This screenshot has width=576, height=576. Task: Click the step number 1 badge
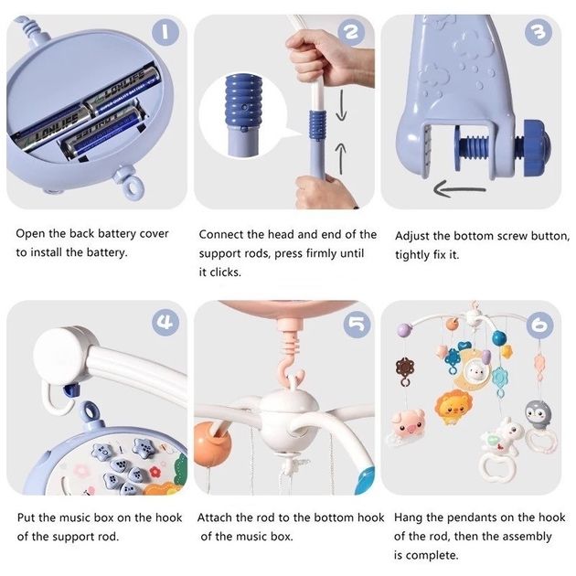[165, 32]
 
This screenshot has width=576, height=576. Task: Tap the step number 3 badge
[539, 32]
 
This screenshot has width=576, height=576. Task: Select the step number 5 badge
[357, 325]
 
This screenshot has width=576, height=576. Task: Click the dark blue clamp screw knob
[537, 145]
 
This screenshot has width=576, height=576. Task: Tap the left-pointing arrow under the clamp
[460, 189]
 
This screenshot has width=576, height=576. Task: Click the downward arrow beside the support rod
[342, 105]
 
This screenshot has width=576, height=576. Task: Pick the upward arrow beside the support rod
[342, 158]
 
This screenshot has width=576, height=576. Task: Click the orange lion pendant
[453, 407]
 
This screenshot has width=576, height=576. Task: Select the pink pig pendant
[406, 425]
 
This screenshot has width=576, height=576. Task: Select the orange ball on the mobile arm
[212, 444]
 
